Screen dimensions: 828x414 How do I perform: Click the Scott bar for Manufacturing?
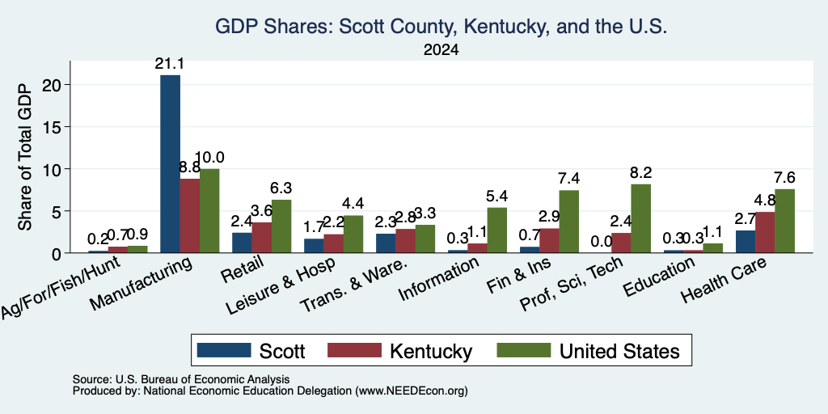click(x=170, y=163)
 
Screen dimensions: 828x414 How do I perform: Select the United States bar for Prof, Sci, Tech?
click(x=640, y=218)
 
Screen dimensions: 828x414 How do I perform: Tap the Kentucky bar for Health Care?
click(x=765, y=232)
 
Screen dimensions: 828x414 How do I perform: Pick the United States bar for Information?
click(x=497, y=230)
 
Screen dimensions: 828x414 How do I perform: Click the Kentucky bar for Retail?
click(x=261, y=238)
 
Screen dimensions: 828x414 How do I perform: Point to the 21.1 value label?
click(x=170, y=65)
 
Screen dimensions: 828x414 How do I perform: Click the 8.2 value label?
click(x=640, y=173)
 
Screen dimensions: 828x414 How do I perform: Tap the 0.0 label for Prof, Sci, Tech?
click(x=602, y=241)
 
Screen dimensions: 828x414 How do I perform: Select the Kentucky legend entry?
click(x=399, y=351)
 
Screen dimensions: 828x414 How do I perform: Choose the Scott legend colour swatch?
click(x=224, y=350)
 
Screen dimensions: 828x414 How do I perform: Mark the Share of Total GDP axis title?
click(x=25, y=157)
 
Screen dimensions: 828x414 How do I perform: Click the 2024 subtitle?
click(x=441, y=50)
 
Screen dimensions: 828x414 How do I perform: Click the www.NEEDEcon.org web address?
click(x=410, y=391)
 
